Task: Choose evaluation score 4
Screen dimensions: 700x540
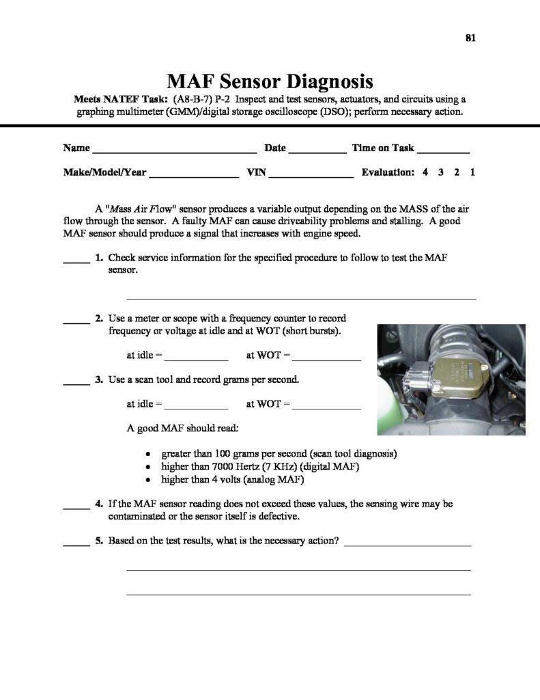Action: [x=425, y=173]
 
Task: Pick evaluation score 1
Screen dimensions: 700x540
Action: [x=472, y=173]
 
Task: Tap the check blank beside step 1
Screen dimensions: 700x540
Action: [x=76, y=260]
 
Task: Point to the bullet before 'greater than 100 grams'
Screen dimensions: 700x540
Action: [x=150, y=454]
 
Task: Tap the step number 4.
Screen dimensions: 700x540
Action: [x=99, y=504]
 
